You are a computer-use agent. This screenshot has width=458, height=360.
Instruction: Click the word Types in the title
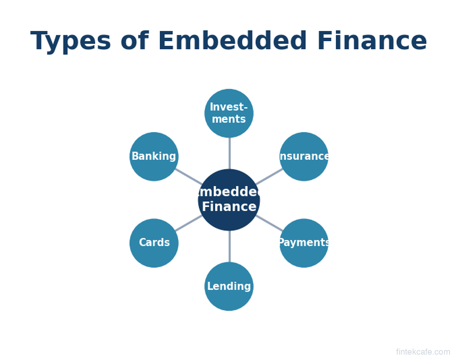point(70,42)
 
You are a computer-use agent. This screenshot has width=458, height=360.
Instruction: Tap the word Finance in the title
point(372,40)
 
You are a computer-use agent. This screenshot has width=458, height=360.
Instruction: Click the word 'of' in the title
point(135,40)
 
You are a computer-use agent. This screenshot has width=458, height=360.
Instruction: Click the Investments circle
point(229,113)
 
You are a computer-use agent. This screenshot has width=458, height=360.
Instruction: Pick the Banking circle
point(154,157)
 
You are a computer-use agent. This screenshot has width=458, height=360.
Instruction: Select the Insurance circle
point(304,157)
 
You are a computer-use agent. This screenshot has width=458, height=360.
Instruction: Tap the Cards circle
point(154,243)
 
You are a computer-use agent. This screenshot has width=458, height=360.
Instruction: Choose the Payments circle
point(304,243)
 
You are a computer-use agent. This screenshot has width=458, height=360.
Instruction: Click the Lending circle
point(229,286)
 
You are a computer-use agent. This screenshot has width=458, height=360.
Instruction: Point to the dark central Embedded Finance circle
point(229,200)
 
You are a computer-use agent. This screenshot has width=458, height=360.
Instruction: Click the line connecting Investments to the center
point(229,153)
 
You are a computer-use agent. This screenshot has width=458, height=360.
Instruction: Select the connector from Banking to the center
point(189,176)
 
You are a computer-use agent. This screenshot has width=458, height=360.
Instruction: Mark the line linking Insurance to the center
point(269,176)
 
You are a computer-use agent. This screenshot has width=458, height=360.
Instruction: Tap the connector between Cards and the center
point(189,223)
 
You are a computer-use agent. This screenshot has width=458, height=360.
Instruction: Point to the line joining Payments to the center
point(269,223)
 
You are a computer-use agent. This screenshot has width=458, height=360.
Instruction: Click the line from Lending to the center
point(229,246)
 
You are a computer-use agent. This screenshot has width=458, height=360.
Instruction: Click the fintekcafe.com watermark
point(423,352)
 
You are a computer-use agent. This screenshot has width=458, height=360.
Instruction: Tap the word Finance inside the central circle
point(229,206)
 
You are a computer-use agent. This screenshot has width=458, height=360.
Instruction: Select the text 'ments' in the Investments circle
point(229,119)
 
